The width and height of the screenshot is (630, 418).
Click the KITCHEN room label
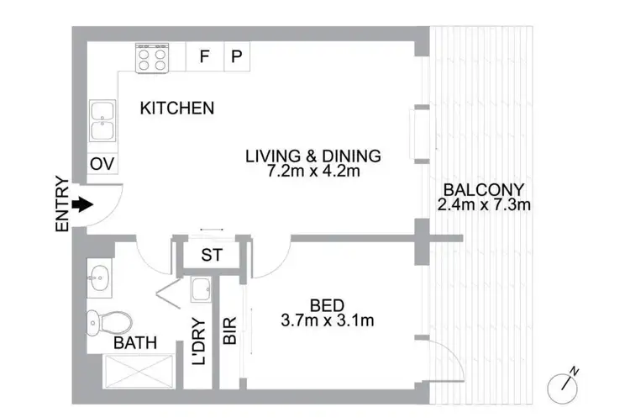point(176,108)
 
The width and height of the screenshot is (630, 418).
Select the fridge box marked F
point(204,57)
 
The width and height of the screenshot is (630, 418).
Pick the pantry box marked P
point(237,57)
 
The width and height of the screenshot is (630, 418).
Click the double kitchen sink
point(103,123)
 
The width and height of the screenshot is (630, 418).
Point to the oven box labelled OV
point(102,163)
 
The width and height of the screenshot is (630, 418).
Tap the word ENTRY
point(61,204)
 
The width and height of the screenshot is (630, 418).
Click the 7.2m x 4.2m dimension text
point(312,172)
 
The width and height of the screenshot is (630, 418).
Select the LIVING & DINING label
point(312,156)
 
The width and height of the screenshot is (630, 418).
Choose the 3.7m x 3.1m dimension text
point(327,320)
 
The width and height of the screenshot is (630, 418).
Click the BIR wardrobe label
point(229,332)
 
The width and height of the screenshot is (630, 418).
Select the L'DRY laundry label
point(198,341)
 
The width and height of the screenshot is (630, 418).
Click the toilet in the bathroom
point(109,320)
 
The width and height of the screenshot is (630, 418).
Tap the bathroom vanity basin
point(100,275)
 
